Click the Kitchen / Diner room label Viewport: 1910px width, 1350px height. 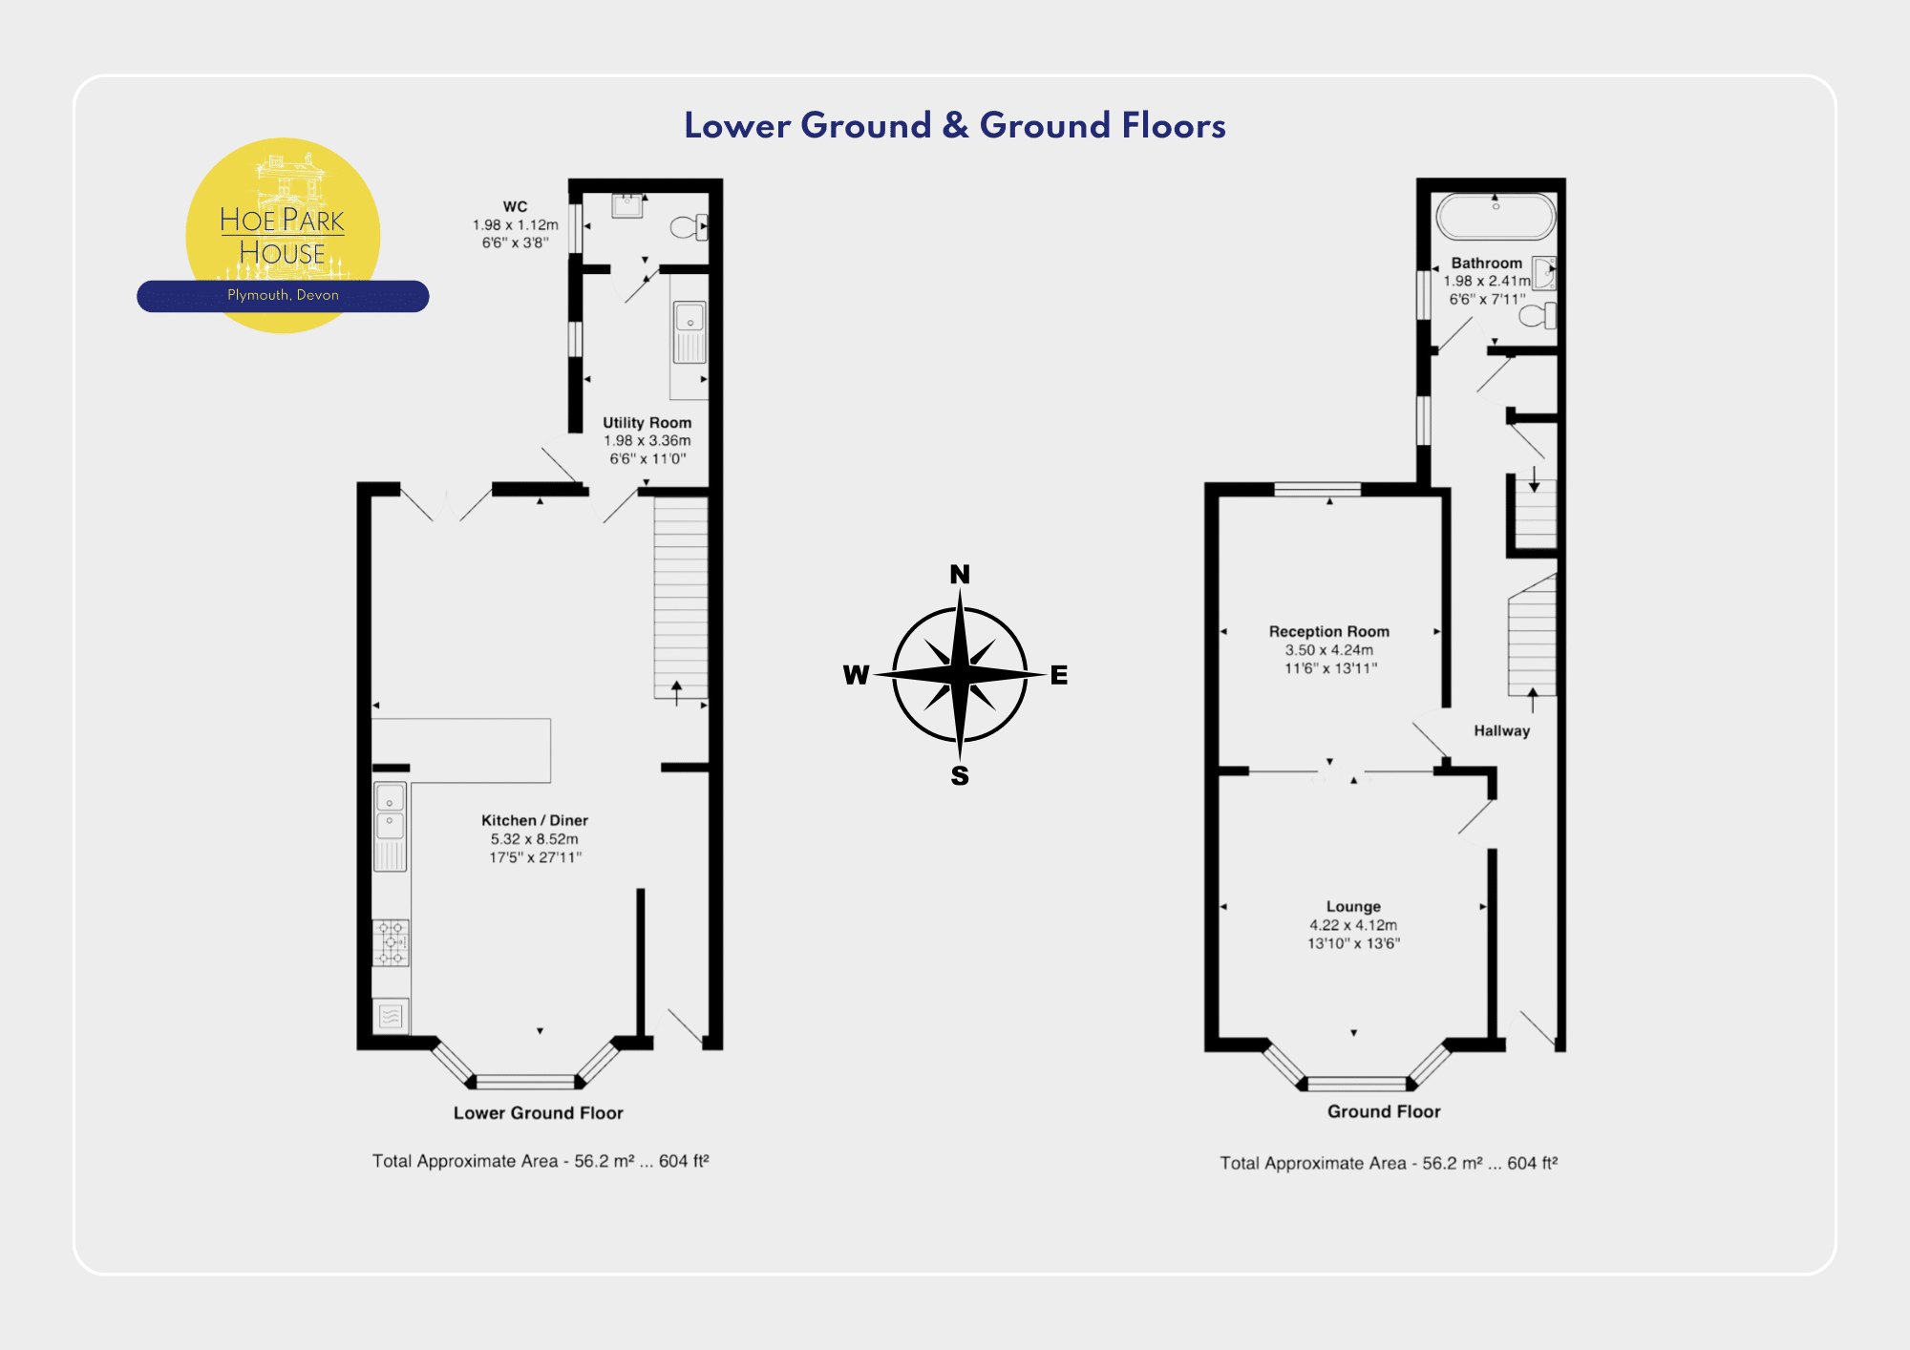point(535,820)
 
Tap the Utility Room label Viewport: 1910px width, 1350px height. point(647,422)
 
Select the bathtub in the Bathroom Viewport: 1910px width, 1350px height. point(1496,217)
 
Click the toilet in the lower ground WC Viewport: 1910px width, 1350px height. point(689,227)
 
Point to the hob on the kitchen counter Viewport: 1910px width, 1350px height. point(391,942)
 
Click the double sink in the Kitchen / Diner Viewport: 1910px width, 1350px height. point(390,827)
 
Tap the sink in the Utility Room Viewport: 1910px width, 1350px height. point(690,331)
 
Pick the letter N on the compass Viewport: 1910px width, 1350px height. point(960,574)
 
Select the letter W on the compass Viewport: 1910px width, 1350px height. point(857,675)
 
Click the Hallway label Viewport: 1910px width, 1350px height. point(1501,730)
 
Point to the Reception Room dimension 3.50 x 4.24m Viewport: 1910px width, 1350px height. point(1329,649)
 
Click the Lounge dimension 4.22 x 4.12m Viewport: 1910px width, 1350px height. point(1353,924)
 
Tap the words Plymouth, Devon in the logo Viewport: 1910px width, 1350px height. point(283,295)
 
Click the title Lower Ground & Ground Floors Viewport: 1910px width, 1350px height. point(955,125)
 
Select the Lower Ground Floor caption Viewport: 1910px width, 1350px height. point(538,1112)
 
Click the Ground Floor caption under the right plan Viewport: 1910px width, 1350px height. point(1384,1111)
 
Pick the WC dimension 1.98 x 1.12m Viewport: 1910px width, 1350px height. point(516,224)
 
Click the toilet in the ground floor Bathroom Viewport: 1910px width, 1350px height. point(1538,315)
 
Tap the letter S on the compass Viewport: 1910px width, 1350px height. point(960,776)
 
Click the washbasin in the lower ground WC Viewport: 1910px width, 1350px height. point(627,205)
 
